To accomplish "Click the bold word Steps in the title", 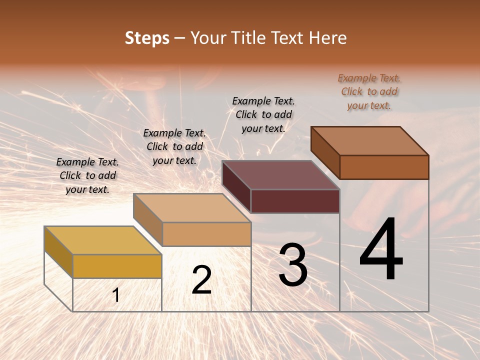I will click(x=147, y=38).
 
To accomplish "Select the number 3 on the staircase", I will click(x=293, y=265).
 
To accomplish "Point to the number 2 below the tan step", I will click(x=201, y=280).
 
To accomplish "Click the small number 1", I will click(x=116, y=295).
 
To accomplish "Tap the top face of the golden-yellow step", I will click(x=103, y=240).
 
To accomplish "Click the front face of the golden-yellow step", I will click(x=117, y=266).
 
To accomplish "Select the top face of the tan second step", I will click(x=192, y=208).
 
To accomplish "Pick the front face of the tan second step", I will click(x=206, y=234).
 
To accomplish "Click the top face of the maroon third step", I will click(x=281, y=175).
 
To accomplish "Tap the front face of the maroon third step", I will click(x=295, y=201).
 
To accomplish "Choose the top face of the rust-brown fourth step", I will click(x=370, y=141).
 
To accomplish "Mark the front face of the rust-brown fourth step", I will click(x=384, y=167).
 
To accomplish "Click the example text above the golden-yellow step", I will click(x=87, y=176).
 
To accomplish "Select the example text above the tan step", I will click(x=174, y=147).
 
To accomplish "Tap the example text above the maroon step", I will click(x=263, y=114).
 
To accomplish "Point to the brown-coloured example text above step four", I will click(x=369, y=91).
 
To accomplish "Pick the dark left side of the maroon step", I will click(x=236, y=186).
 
